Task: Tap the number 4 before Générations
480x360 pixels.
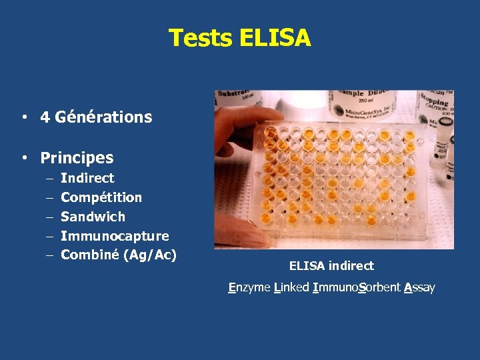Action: click(45, 117)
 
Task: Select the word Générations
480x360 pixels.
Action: click(104, 117)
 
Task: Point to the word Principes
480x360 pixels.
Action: click(77, 158)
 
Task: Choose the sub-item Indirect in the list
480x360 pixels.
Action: click(87, 178)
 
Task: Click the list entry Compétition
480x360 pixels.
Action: click(101, 197)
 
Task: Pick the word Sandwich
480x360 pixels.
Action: click(93, 217)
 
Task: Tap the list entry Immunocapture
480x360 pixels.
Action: click(115, 236)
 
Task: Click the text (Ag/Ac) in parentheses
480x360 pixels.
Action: click(150, 255)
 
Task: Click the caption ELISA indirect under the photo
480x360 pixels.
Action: click(331, 266)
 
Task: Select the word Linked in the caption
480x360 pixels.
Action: click(291, 287)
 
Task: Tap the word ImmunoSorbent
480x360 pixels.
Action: click(357, 287)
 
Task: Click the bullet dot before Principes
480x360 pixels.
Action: click(23, 159)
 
